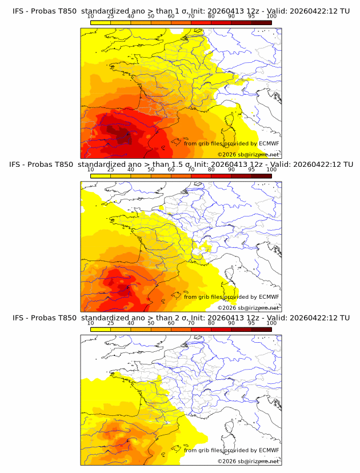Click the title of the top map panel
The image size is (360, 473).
coord(181,11)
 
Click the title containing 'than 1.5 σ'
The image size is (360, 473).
coord(181,165)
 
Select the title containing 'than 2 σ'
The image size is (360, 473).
coord(181,318)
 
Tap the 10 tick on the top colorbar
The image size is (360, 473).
coord(90,17)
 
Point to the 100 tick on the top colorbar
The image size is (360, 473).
coord(271,17)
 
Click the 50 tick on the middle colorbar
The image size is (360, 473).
coord(151,170)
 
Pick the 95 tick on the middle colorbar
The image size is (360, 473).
coord(251,170)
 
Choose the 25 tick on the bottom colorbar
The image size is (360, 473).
coord(110,323)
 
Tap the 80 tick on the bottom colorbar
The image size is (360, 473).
coord(211,323)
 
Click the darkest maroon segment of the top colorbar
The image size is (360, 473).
coord(261,23)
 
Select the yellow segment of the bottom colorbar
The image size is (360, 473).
coord(101,330)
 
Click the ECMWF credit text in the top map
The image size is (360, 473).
coord(231,144)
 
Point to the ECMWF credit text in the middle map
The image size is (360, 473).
coord(231,297)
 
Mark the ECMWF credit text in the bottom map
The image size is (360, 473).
coord(231,450)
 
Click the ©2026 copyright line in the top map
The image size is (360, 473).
coord(248,155)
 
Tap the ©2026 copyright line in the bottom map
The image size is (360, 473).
coord(248,461)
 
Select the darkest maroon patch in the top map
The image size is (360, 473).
coord(123,136)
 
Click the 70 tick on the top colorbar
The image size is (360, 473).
coord(191,17)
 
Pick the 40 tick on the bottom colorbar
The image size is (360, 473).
coord(131,323)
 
